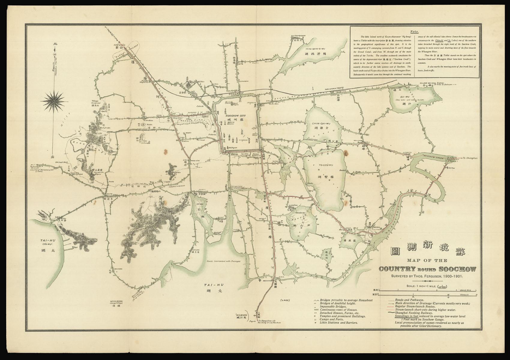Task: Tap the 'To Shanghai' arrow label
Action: click(x=469, y=158)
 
